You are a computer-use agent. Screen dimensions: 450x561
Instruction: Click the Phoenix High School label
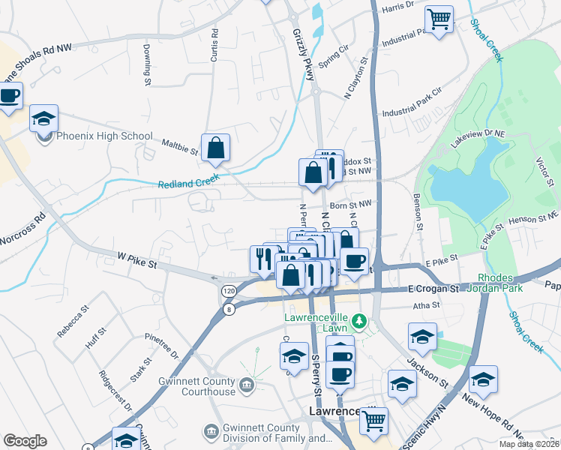104,136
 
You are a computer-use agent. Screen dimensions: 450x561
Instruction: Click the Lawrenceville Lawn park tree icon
360,322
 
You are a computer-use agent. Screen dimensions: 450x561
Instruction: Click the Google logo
25,441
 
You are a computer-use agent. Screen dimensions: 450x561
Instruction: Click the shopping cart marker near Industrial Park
439,18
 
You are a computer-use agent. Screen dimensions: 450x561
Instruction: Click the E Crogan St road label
433,288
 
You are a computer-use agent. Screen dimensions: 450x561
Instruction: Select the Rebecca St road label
73,320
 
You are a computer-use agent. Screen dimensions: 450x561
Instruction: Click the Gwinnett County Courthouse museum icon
247,386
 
